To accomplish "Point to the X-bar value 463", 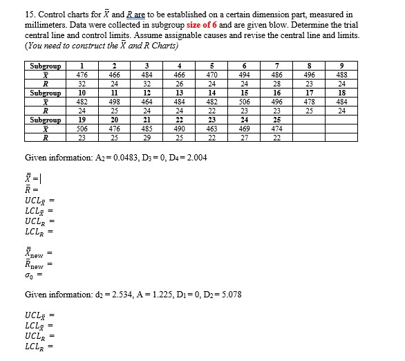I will [211, 129].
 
